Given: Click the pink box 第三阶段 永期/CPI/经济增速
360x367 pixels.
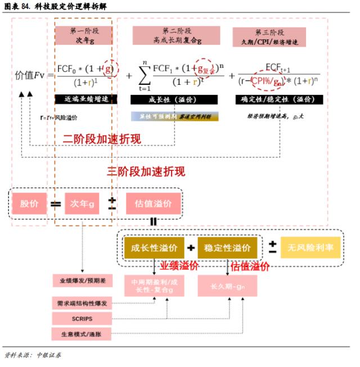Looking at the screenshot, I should pos(269,37).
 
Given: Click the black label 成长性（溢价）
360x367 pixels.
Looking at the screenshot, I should pos(174,99).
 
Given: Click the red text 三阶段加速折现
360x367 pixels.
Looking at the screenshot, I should pos(146,171).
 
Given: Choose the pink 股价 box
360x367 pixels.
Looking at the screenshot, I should pos(30,204).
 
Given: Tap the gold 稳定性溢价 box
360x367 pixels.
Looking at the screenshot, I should pos(227,248).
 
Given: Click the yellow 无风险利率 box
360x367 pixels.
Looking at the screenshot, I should pos(310,248).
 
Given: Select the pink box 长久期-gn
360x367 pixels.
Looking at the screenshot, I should pos(227,286).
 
